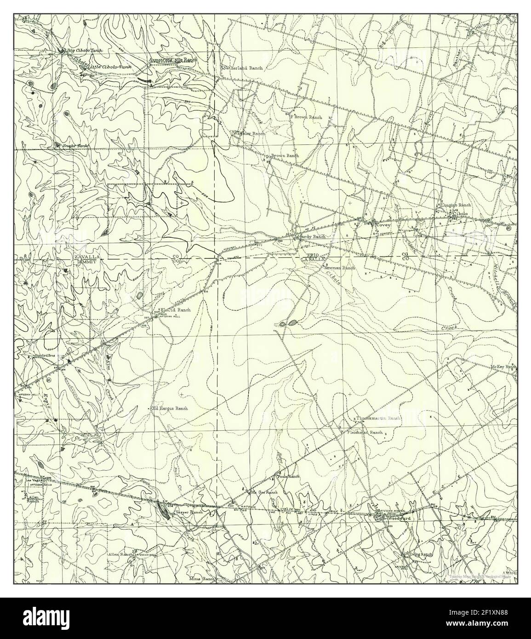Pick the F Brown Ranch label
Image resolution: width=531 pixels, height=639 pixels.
tap(306, 117)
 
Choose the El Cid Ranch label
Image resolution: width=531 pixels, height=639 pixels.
tap(175, 310)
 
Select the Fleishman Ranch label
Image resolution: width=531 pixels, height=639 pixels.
tap(365, 433)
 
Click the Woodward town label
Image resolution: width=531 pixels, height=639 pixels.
tap(399, 518)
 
